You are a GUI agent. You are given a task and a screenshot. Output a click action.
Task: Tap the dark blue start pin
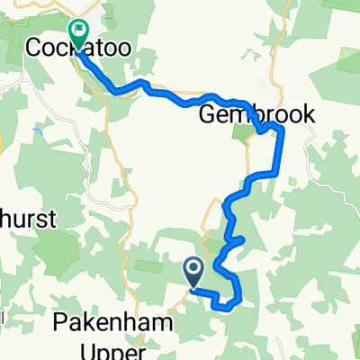pos(193,269)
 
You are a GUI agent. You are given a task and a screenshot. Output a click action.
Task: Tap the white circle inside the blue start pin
pos(193,267)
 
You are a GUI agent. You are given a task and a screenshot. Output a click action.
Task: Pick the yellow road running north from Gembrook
pos(270,90)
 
